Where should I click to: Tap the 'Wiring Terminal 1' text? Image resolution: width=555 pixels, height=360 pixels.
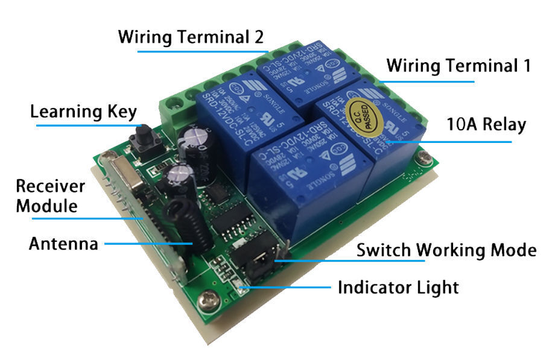458,65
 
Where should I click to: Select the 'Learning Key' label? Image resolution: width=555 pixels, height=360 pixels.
84,112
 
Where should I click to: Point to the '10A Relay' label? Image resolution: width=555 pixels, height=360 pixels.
486,125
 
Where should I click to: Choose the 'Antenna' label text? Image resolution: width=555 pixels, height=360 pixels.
63,244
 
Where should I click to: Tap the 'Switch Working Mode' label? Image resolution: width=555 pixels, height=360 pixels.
446,250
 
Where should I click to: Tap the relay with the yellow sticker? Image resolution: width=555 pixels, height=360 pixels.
368,139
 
